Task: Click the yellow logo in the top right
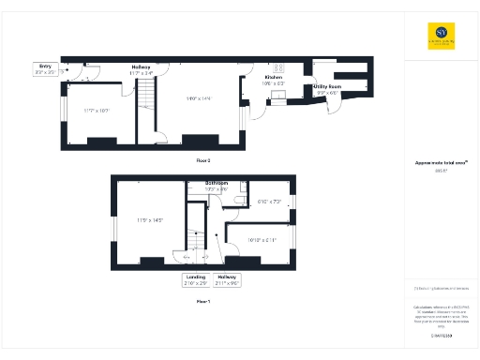point(437,33)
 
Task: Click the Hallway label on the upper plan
point(141,67)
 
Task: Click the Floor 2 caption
point(204,160)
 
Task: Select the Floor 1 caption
point(203,302)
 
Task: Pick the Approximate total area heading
point(440,162)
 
